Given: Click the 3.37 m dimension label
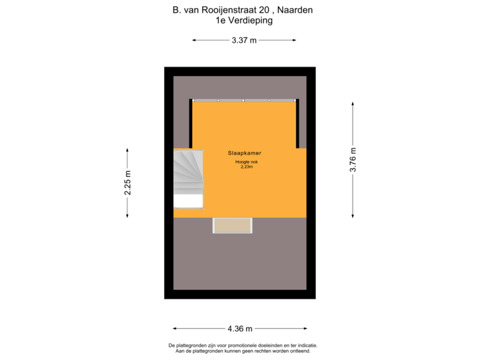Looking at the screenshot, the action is click(x=244, y=41).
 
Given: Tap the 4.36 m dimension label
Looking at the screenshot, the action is click(x=240, y=329).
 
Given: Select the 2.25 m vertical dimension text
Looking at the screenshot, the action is click(x=127, y=183).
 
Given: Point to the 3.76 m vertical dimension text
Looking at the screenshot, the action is click(x=353, y=159).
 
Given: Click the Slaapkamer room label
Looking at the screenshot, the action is click(x=244, y=153).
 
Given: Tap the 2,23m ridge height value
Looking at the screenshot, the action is click(x=247, y=167).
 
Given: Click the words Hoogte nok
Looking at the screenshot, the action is click(x=247, y=162).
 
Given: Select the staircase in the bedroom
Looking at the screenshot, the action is click(x=188, y=172).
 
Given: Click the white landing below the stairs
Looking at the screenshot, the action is click(x=188, y=201).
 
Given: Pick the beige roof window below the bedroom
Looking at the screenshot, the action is click(x=233, y=225).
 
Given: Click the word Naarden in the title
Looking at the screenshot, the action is click(x=295, y=10).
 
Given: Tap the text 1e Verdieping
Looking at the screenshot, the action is click(x=244, y=21).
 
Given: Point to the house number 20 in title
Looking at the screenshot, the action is click(x=264, y=10).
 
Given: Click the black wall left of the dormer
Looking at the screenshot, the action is click(x=191, y=124).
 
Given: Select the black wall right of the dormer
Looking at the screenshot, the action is click(x=297, y=124).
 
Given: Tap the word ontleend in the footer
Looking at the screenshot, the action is click(x=302, y=351).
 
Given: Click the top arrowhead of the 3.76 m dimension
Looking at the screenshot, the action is click(x=353, y=104).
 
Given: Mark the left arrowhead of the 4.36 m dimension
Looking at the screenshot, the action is click(x=175, y=329).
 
